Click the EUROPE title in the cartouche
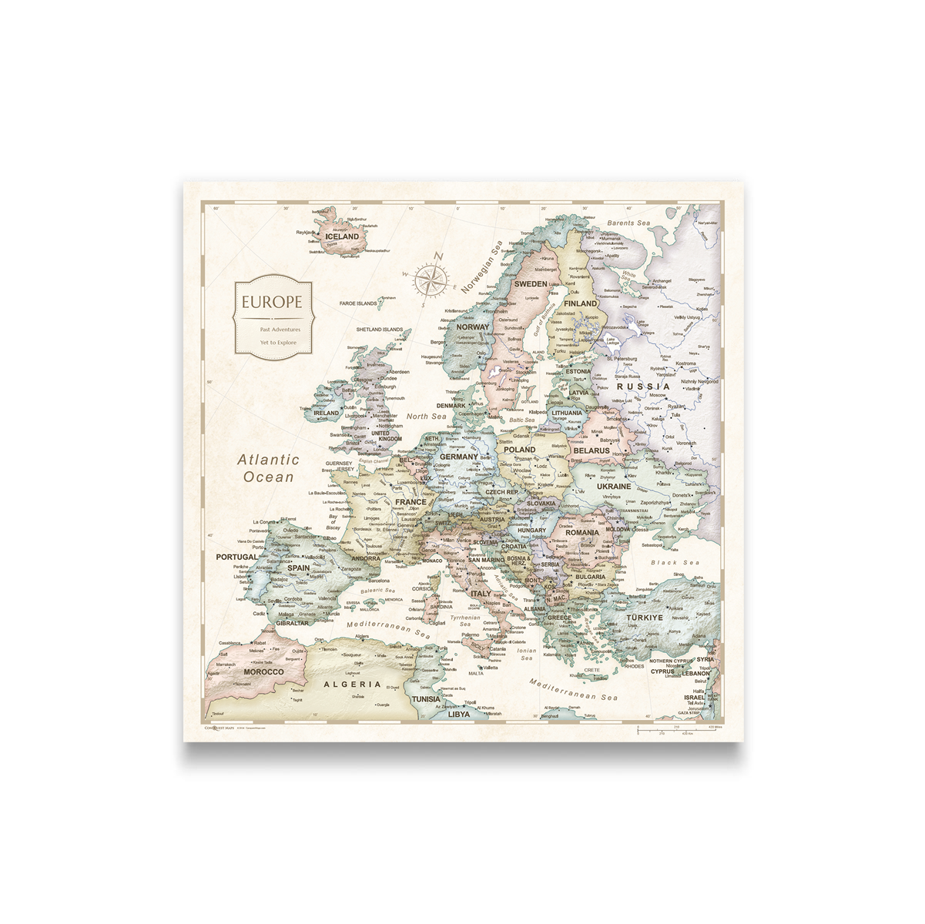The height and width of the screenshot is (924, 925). [272, 302]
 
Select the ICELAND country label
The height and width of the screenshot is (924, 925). [342, 236]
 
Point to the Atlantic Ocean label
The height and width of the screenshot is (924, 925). [268, 468]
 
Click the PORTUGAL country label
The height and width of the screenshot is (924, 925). [236, 557]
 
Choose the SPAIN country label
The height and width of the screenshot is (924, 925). [298, 568]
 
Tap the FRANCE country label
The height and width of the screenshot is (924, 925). [410, 502]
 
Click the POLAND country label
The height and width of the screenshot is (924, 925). [519, 450]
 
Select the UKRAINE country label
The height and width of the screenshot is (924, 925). [614, 487]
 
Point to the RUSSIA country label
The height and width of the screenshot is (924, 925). [643, 387]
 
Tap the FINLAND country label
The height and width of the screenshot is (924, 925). [580, 304]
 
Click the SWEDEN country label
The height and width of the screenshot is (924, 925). [531, 284]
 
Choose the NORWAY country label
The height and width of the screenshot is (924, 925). [473, 326]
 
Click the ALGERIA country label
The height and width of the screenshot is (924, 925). [352, 684]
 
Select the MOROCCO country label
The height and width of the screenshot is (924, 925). [263, 671]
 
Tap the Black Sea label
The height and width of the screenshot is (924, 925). [675, 563]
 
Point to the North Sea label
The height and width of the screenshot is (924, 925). [426, 417]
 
